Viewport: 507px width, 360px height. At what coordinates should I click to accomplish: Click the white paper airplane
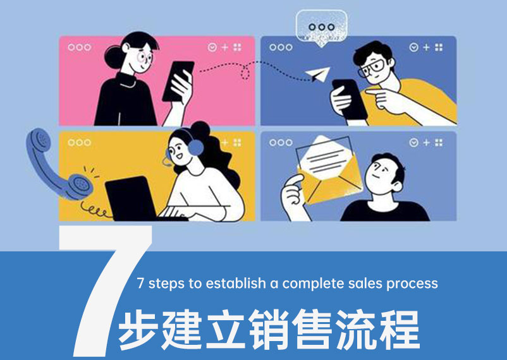317,75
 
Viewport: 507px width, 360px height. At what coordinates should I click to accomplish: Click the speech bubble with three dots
321,28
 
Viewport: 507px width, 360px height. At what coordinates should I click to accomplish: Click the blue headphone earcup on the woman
195,148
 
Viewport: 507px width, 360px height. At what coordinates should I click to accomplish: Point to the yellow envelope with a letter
329,170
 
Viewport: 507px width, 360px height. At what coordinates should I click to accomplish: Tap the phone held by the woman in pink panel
178,81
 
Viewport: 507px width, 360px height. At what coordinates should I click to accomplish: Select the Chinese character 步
138,330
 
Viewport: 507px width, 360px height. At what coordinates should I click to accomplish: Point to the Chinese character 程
400,330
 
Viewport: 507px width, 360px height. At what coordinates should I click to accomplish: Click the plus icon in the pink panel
224,47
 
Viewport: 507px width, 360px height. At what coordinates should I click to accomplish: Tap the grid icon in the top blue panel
439,47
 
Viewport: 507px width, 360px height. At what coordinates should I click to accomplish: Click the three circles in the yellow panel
79,143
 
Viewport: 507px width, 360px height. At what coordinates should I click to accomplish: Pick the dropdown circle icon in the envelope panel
413,143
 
